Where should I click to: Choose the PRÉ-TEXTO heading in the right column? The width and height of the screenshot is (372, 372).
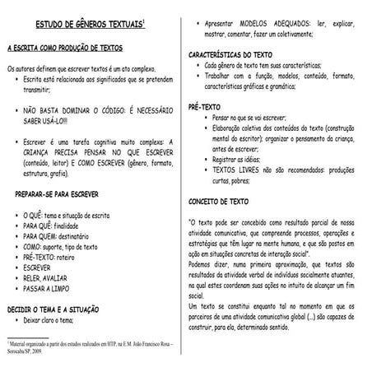pyautogui.click(x=205, y=107)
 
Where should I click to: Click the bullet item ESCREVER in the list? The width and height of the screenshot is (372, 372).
pyautogui.click(x=40, y=267)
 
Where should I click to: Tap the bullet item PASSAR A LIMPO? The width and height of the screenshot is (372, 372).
pyautogui.click(x=49, y=289)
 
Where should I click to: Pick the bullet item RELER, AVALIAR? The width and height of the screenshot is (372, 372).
pyautogui.click(x=49, y=278)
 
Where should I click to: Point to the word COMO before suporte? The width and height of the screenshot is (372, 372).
pyautogui.click(x=32, y=246)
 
